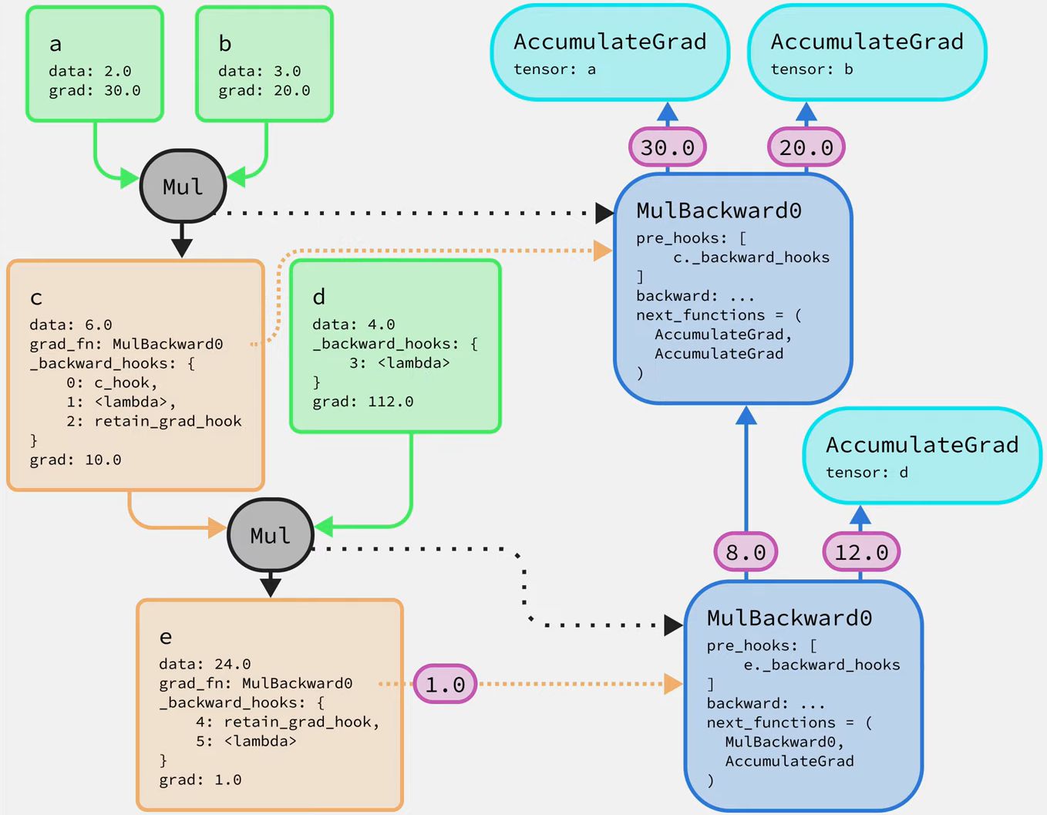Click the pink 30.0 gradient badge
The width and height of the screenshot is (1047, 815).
pos(668,147)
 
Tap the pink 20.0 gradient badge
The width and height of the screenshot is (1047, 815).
pos(806,147)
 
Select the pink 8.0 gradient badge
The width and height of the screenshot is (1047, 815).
pos(746,552)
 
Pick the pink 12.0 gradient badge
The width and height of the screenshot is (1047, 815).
pos(861,552)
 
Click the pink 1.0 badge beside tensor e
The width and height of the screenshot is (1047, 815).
pos(446,684)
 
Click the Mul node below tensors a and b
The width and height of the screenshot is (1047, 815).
pos(183,187)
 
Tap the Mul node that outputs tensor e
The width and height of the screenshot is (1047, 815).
pos(270,535)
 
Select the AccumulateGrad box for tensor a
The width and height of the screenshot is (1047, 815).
pos(610,52)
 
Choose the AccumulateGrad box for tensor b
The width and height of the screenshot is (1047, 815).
pos(867,52)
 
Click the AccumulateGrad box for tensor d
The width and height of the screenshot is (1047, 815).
pos(922,456)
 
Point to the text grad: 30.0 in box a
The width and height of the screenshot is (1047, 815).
pos(95,91)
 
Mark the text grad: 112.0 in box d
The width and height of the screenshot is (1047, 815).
pos(362,402)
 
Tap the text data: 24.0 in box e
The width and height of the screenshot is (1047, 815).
pos(204,664)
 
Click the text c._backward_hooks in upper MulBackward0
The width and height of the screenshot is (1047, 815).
pos(751,258)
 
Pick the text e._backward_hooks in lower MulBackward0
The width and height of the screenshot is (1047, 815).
pos(822,665)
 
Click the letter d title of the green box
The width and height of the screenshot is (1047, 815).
pos(319,297)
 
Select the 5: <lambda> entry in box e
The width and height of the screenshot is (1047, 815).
pos(245,741)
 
